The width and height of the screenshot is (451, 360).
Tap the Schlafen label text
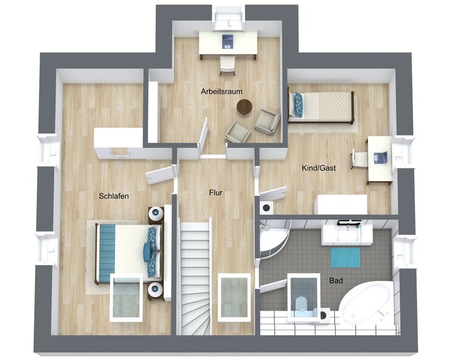point(113,196)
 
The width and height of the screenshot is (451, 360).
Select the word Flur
point(216,193)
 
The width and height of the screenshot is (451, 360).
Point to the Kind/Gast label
point(318,168)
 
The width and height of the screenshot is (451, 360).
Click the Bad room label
point(336,280)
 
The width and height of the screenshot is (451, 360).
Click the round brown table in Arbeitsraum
point(244,107)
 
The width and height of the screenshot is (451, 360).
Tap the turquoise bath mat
point(345,257)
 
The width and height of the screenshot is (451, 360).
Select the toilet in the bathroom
point(301,304)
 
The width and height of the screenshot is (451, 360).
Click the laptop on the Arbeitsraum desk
point(228,41)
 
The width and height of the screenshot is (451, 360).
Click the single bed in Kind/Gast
point(321,107)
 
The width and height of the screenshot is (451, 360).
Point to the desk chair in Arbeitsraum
point(227,65)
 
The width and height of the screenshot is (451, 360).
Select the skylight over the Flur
point(234,297)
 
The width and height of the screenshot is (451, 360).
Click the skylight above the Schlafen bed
point(127,297)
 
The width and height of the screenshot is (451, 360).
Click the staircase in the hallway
point(194,277)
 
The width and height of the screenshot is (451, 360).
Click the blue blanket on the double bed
point(107,253)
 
